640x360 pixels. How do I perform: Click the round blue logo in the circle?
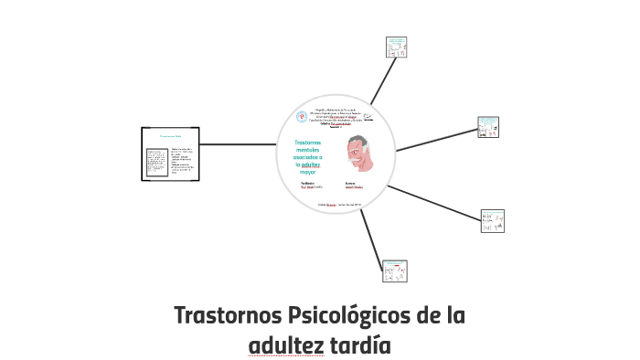coord(303,117)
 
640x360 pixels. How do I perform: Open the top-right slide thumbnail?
coord(396,47)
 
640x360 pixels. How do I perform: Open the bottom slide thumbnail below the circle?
coord(396,270)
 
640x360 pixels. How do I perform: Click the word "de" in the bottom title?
coord(421,317)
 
